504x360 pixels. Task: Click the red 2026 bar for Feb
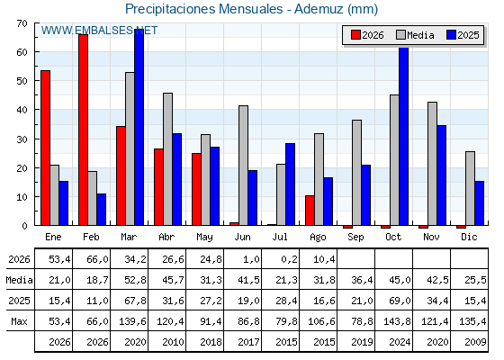click(83, 130)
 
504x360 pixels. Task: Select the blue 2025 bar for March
click(139, 127)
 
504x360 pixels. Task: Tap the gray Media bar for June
click(243, 166)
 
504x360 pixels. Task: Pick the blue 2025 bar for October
click(404, 136)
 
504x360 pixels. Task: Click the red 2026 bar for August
click(310, 211)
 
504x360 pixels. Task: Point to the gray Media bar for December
click(470, 188)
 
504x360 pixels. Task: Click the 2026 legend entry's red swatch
click(355, 35)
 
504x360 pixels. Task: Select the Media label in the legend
click(420, 35)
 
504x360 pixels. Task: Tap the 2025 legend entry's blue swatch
click(451, 35)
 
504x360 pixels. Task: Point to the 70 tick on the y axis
click(22, 23)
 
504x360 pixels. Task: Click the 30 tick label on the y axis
click(22, 139)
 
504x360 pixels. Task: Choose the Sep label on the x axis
click(355, 237)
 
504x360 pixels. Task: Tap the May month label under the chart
click(204, 238)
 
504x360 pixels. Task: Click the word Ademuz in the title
click(319, 9)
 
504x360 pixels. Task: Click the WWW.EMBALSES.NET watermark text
click(99, 31)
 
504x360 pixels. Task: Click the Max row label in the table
click(19, 321)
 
